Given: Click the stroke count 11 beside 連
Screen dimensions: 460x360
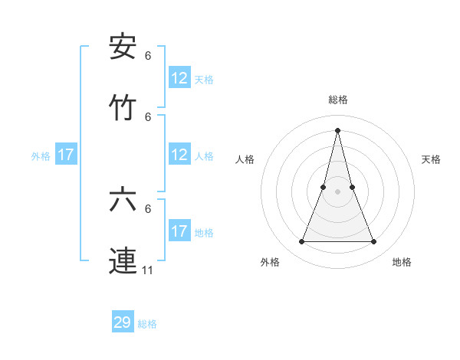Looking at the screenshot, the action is (x=148, y=270).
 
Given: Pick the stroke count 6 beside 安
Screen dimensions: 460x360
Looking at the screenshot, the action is (x=148, y=55).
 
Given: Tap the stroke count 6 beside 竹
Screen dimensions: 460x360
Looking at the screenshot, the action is (x=148, y=116).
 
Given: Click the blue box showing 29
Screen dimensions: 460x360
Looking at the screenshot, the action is (x=123, y=322).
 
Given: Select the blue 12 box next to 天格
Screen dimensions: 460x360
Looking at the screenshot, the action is (x=179, y=78).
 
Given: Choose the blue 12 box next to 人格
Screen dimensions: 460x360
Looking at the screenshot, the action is (x=179, y=155).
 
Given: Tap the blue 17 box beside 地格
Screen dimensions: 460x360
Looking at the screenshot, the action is (x=179, y=231).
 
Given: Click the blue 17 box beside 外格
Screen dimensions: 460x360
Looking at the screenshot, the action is (x=66, y=155).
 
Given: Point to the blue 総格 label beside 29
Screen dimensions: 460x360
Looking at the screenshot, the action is (x=147, y=324).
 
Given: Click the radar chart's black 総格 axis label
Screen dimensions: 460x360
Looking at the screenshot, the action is (x=337, y=100).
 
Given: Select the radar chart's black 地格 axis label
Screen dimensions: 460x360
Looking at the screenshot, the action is (x=402, y=263).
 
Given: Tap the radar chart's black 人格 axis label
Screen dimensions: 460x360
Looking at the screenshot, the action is (x=245, y=159).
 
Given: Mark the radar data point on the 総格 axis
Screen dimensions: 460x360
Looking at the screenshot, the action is (x=337, y=129).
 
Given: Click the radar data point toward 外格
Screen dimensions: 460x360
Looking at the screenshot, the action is (x=301, y=242).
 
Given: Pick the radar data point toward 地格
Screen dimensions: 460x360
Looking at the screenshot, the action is (x=374, y=242).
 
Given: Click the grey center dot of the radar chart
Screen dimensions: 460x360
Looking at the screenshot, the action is (x=337, y=191).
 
